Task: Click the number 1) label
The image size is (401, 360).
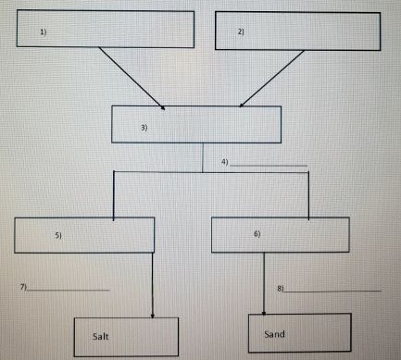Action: [x=43, y=32]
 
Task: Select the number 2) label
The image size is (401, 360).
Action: [x=241, y=32]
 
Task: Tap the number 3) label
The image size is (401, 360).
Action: [x=144, y=128]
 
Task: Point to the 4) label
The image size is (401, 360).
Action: [x=224, y=162]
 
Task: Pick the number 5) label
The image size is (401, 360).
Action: [x=57, y=237]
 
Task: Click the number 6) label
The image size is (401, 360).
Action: [x=257, y=234]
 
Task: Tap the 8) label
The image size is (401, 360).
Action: [x=280, y=290]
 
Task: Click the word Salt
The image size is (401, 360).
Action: [x=101, y=337]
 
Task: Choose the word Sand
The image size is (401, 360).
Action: [x=275, y=333]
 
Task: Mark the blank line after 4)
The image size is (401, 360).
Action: [x=269, y=166]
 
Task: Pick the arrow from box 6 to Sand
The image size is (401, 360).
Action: [x=266, y=282]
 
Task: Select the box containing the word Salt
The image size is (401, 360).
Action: [x=126, y=336]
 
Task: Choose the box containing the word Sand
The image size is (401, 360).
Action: [x=301, y=332]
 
